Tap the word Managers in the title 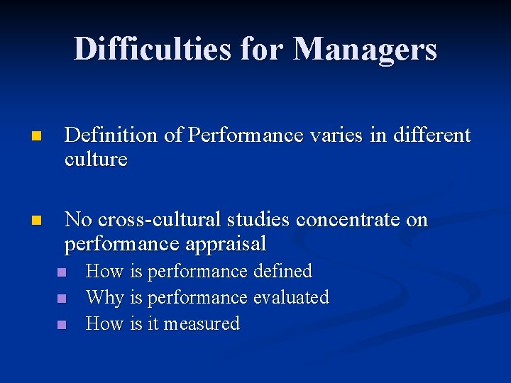pos(365,50)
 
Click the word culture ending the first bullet pos(96,159)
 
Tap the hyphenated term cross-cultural pos(159,220)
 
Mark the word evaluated pos(291,297)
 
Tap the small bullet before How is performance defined pos(61,272)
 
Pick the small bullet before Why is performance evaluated pos(61,299)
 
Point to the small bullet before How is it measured pos(61,325)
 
